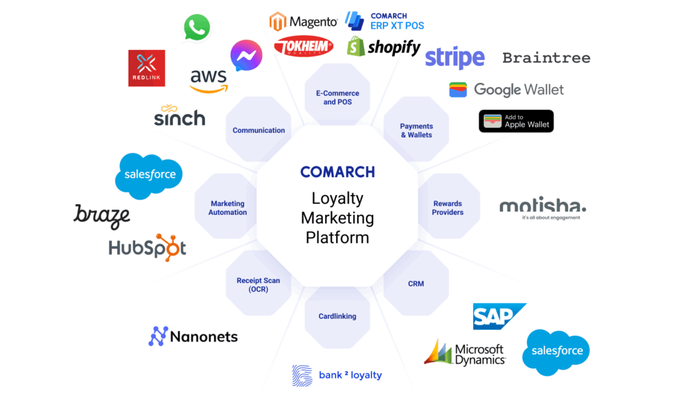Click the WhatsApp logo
coord(196,28)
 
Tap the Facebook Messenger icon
coord(247,55)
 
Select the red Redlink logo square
coord(147,68)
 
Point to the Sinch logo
coord(179,115)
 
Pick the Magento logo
coord(303,21)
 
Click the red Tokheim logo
coord(303,46)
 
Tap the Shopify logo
coord(384,47)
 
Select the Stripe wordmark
coord(455,58)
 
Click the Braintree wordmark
coord(546,58)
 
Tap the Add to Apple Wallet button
coord(516,121)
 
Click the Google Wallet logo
coord(506,90)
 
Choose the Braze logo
coord(102,217)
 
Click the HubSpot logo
coord(147,248)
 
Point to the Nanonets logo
coord(193,336)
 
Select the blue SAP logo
coord(500,316)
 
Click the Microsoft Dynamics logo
coord(465,354)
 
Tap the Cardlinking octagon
coord(337,316)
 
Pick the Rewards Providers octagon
coord(448,207)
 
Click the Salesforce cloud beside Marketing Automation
coord(149,175)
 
